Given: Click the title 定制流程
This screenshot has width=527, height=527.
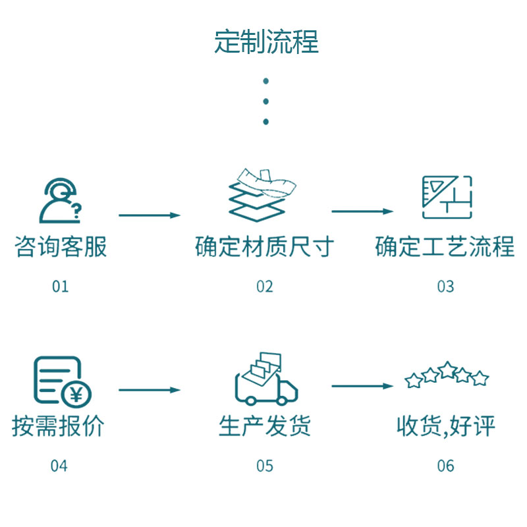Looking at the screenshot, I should [x=266, y=42].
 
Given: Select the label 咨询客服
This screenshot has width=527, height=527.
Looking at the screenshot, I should [x=61, y=247].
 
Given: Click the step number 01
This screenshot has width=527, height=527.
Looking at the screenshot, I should [x=60, y=286].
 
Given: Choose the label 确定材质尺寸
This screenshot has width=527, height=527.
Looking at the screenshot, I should [x=265, y=247].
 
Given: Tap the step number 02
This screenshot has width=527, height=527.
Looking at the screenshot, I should [x=265, y=286].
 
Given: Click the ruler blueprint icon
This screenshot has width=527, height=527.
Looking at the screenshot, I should [x=447, y=197].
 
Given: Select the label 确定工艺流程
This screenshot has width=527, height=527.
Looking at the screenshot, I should [x=445, y=247].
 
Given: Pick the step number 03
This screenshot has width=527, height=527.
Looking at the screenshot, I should [x=445, y=286].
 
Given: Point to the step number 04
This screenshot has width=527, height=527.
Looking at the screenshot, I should [x=59, y=466].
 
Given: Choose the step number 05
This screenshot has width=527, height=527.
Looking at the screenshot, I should [x=265, y=466].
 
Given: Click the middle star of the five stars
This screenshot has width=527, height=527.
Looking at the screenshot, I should [x=447, y=370].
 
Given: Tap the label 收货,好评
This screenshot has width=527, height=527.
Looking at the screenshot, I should [x=445, y=426].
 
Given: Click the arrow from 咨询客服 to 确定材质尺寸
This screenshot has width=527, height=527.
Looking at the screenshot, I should [x=150, y=215].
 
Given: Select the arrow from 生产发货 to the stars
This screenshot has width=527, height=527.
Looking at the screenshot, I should [x=362, y=385].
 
